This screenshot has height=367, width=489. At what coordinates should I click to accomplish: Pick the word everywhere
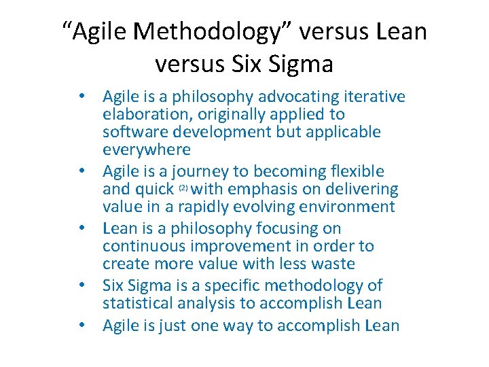click(147, 149)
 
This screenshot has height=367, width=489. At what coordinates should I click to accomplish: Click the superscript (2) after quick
click(183, 187)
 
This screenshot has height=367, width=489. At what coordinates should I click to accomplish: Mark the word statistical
click(140, 303)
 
